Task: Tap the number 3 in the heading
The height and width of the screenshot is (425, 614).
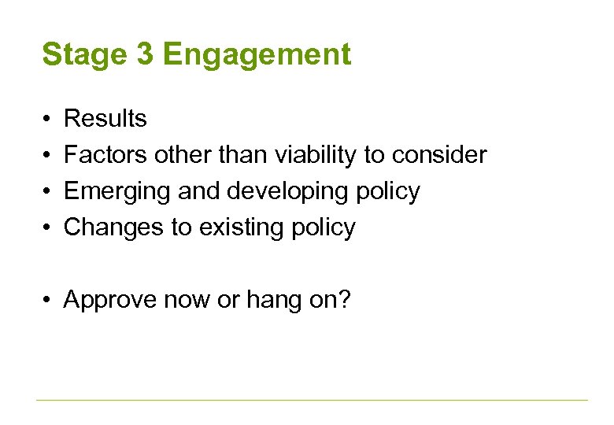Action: coord(146,55)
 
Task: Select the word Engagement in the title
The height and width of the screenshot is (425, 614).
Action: coord(257,56)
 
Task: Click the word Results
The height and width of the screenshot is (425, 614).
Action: coord(105,119)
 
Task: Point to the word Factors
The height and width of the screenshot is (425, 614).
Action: coord(105,155)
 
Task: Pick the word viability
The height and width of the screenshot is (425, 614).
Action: coord(315,155)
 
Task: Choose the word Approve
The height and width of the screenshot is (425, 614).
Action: coord(110,300)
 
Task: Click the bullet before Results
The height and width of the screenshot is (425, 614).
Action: coord(48,119)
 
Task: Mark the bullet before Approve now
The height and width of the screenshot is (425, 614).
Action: coord(48,300)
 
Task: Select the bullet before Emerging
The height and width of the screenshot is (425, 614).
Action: coord(48,191)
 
